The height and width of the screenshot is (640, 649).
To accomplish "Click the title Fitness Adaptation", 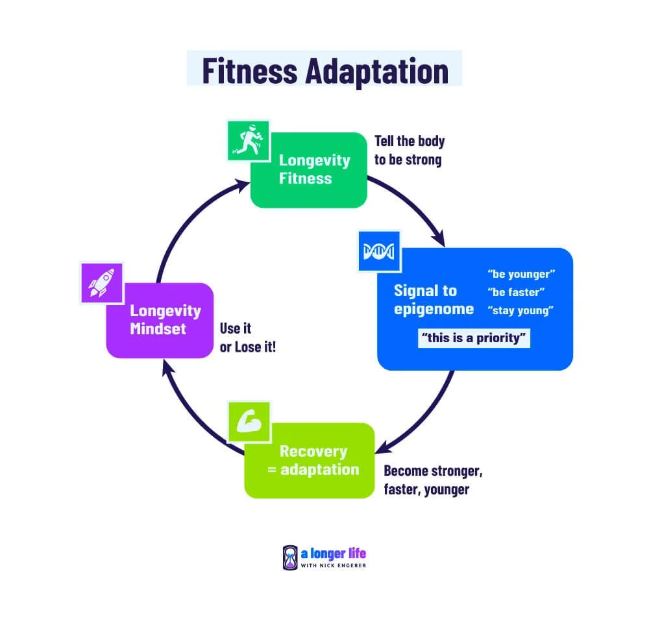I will [324, 70].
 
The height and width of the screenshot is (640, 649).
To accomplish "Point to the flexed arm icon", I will [248, 423].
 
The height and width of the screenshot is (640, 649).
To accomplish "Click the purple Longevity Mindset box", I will [160, 320].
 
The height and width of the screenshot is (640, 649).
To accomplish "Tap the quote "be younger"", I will [521, 274].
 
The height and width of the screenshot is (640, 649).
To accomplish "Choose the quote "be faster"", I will [516, 292].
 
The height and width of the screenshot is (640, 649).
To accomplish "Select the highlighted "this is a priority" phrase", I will [474, 338].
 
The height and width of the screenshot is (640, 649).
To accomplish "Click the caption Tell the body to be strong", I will [410, 150].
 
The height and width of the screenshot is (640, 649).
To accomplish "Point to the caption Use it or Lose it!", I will [247, 338].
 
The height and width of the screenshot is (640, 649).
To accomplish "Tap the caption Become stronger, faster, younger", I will [433, 480].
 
